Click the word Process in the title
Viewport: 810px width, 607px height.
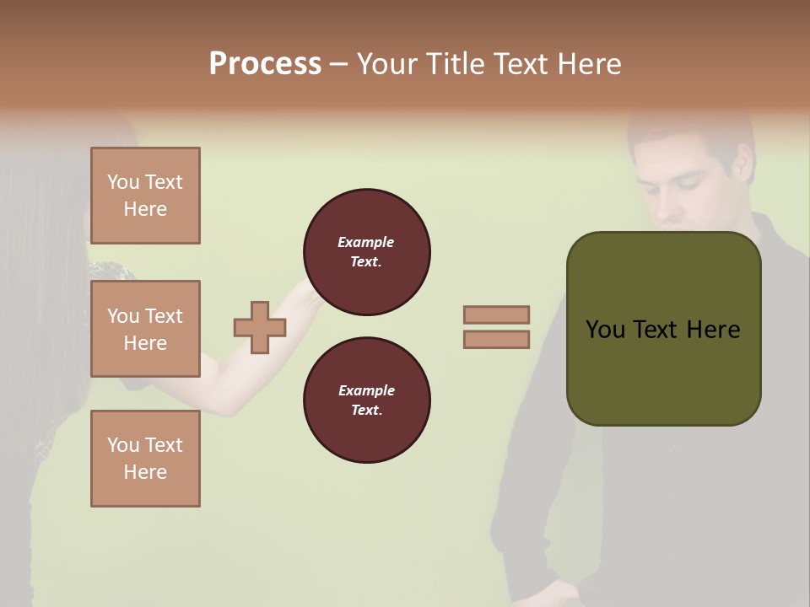[x=265, y=64]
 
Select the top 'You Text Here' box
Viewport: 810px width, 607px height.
[x=145, y=196]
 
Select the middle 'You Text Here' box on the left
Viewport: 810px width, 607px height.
[x=145, y=329]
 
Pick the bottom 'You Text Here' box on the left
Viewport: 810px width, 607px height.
[x=145, y=459]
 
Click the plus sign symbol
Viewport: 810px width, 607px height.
[x=260, y=327]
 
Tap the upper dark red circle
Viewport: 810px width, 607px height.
[x=367, y=252]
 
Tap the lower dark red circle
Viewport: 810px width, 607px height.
[x=367, y=400]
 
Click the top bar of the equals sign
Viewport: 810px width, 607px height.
[x=497, y=314]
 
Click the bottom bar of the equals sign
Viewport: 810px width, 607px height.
[x=497, y=340]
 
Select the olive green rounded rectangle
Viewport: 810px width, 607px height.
[x=663, y=371]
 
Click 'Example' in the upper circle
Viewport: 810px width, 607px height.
[x=366, y=242]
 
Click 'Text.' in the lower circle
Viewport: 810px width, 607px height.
[x=366, y=411]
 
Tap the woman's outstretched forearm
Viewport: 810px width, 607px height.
[x=253, y=371]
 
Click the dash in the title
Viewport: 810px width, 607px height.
[x=339, y=64]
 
